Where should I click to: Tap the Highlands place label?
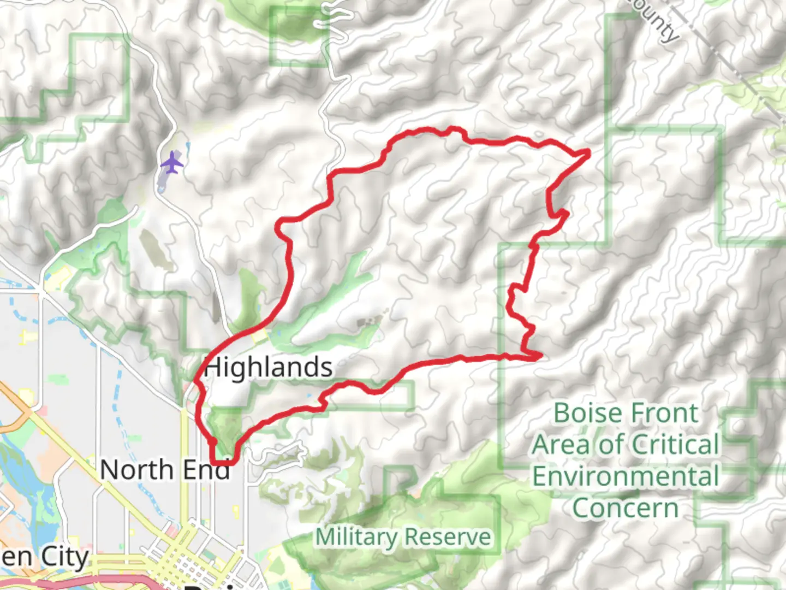(268, 367)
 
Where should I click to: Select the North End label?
(165, 470)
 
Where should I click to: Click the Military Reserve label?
(403, 536)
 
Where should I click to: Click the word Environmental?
(626, 476)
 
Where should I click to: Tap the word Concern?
(626, 509)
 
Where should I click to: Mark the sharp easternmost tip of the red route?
(588, 151)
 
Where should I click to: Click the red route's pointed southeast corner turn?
(540, 356)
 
